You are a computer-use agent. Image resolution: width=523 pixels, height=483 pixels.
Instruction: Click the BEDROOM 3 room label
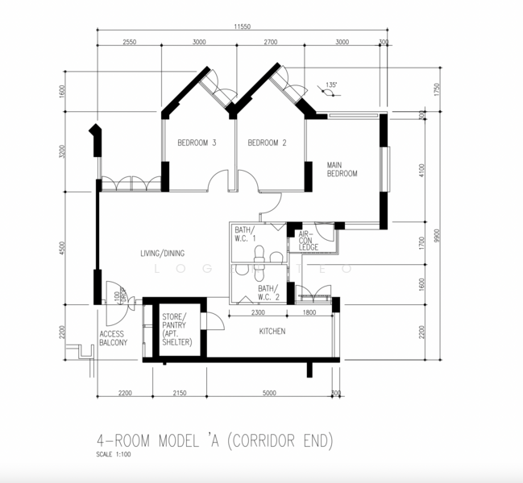(197, 143)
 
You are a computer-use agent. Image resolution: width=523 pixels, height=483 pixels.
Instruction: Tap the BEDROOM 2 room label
(267, 143)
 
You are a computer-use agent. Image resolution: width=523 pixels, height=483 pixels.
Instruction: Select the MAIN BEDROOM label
(342, 169)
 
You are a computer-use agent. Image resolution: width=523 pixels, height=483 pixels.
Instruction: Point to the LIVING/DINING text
(163, 254)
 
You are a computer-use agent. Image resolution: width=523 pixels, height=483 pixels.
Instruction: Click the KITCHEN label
(272, 331)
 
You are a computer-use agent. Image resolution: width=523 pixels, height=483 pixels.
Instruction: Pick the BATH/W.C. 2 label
(268, 291)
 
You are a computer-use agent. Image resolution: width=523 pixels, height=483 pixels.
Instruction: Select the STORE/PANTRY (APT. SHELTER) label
(176, 329)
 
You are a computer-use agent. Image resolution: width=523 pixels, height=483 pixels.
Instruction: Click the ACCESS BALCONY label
(114, 337)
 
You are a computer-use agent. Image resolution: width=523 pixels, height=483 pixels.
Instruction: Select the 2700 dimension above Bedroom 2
(271, 42)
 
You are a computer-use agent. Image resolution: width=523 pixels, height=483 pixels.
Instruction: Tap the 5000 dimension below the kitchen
(268, 393)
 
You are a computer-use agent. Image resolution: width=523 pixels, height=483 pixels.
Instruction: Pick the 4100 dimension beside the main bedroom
(421, 171)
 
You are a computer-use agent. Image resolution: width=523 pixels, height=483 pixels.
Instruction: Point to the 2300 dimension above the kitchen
(258, 312)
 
